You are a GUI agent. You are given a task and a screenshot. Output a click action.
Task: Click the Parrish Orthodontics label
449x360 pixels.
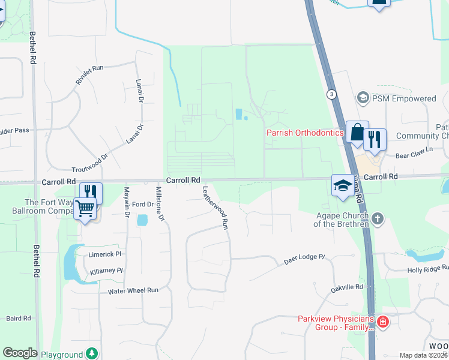click(305, 133)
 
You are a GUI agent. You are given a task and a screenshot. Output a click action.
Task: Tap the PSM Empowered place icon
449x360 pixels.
click(362, 98)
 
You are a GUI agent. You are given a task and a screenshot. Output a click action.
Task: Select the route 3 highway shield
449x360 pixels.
click(331, 94)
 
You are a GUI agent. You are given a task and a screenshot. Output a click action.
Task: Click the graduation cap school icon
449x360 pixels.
click(343, 184)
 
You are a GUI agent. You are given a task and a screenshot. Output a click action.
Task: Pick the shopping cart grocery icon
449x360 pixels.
click(85, 209)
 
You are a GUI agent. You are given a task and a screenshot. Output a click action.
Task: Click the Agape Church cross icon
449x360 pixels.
click(377, 218)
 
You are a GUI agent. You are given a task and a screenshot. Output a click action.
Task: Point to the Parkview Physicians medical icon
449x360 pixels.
click(382, 323)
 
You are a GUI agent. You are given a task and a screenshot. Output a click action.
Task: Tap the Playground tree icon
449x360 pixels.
click(91, 353)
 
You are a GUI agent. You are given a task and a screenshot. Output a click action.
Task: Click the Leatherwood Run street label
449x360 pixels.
click(216, 208)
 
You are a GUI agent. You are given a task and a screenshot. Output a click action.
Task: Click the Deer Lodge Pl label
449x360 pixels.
click(304, 260)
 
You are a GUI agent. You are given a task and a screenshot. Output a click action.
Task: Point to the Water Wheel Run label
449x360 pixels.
click(133, 290)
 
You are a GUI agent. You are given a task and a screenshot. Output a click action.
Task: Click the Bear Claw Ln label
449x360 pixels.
click(414, 152)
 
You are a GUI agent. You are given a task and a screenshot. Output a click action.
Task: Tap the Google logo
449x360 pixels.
click(20, 353)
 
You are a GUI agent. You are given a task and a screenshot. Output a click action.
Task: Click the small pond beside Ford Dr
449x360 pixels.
click(142, 220)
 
